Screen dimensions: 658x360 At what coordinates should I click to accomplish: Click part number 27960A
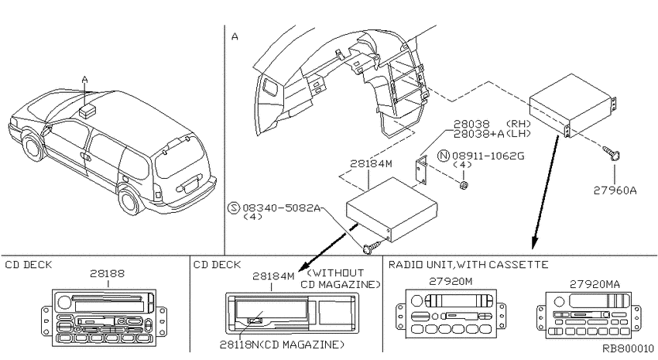615,190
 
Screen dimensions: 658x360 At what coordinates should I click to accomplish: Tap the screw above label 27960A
612,153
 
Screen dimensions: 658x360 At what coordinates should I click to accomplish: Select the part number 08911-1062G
488,156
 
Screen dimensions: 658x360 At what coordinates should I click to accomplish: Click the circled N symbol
443,156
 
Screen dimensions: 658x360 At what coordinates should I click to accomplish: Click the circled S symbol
234,207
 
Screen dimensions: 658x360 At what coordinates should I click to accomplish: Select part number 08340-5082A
282,207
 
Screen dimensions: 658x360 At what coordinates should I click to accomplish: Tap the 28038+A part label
478,133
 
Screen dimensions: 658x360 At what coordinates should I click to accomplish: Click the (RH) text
518,124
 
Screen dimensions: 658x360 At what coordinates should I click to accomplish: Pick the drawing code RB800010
629,348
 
